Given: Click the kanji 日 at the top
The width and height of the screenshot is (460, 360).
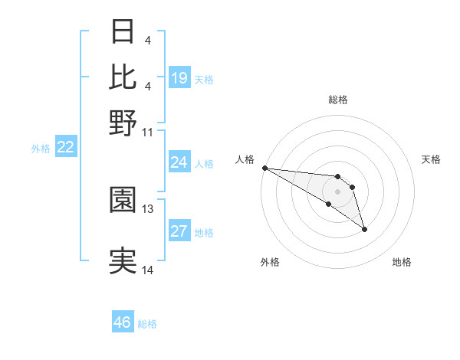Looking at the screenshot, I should (x=123, y=32).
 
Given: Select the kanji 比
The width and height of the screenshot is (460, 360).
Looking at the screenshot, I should (x=123, y=77).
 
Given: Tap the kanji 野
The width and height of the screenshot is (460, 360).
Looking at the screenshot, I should (x=123, y=123).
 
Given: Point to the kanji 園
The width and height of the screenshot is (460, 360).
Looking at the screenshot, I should (x=123, y=200).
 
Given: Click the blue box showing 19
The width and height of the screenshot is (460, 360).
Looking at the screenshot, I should (x=179, y=78).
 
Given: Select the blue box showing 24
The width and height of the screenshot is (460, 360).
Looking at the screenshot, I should (x=179, y=162).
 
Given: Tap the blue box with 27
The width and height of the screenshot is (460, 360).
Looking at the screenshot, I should (x=179, y=232).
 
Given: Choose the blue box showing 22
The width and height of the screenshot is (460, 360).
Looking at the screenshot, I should (x=66, y=148).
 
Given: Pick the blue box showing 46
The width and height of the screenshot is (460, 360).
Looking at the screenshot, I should (x=123, y=322).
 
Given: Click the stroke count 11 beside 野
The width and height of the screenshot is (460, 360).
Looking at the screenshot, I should (x=148, y=132).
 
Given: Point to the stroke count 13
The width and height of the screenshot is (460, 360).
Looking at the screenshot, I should (x=148, y=208).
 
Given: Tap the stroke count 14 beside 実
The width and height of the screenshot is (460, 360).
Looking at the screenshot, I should (x=148, y=270).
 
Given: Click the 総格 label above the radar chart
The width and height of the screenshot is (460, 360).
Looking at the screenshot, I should (x=338, y=100).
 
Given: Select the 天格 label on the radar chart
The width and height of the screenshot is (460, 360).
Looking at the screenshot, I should (x=431, y=159).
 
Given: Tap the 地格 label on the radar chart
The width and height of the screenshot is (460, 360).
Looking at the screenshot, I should (x=402, y=263).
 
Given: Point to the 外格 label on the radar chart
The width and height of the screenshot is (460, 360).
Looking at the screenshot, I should (x=270, y=263).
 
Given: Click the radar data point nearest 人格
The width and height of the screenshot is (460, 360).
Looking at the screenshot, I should (x=264, y=168).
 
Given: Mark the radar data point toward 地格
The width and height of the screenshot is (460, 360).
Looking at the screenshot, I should (x=364, y=228).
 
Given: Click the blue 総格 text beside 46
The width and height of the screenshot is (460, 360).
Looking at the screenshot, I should (x=147, y=324).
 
